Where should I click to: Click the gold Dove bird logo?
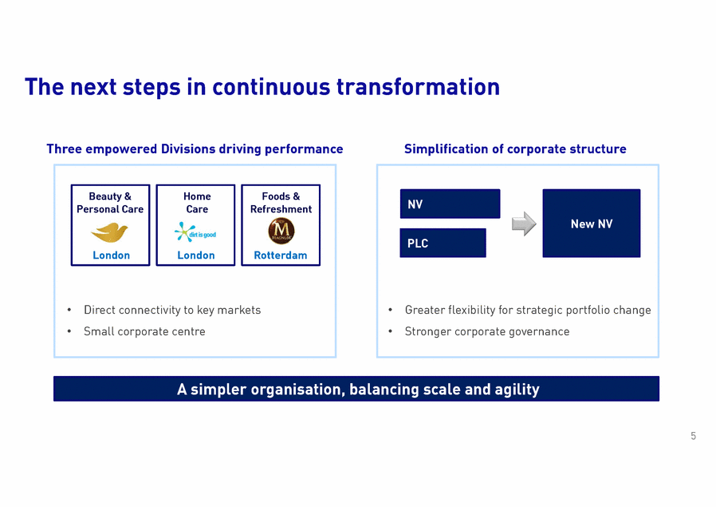tap(110, 232)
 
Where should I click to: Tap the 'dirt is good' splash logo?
tap(195, 232)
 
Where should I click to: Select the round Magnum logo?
tap(281, 232)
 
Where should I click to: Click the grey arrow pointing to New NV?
tap(523, 224)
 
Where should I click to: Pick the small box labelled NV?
tap(450, 204)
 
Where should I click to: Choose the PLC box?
tap(443, 243)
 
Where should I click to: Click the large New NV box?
tap(591, 224)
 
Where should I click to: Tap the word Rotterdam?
tap(281, 255)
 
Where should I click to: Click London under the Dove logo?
tap(111, 255)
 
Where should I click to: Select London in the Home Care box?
tap(196, 255)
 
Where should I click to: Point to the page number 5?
tap(693, 436)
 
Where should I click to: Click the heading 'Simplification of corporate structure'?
tap(515, 149)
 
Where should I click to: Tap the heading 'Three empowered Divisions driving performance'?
tap(195, 149)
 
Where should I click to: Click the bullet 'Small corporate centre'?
tap(144, 331)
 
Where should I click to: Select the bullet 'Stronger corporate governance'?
tap(486, 331)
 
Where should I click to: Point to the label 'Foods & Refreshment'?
tap(281, 203)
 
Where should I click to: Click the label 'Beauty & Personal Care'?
tap(110, 203)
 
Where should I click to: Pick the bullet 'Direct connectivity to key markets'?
tap(172, 310)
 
